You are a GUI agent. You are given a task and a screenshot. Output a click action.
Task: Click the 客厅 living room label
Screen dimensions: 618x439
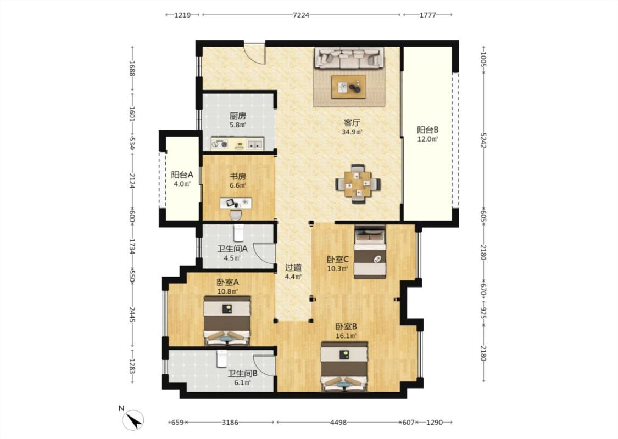[352, 122]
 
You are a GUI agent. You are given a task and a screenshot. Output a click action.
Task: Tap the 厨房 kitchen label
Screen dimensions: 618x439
[238, 116]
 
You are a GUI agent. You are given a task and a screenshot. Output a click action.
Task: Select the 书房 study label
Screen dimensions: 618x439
[238, 176]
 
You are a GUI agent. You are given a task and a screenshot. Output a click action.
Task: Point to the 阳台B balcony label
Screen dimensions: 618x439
[427, 130]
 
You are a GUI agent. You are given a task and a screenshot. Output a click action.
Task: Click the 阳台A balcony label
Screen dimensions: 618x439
[182, 175]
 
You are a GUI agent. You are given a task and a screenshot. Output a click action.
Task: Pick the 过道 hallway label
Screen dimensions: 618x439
[293, 267]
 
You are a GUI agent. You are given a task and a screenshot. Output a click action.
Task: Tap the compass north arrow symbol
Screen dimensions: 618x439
[133, 420]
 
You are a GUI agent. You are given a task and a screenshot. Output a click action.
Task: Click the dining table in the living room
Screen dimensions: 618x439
[358, 184]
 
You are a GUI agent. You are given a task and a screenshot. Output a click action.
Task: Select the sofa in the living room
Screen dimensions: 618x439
[349, 58]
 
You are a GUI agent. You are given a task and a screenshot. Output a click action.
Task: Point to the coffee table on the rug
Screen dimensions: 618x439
[349, 87]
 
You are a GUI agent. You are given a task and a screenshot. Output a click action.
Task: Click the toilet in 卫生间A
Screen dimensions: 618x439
[239, 233]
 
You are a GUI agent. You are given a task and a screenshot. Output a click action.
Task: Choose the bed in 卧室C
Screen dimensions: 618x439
[370, 252]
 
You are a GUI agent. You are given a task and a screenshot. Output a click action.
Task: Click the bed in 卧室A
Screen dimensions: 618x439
[227, 320]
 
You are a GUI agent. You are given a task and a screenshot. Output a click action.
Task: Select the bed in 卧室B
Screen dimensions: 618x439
[344, 367]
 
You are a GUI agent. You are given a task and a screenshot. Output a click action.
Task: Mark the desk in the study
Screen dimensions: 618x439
[236, 203]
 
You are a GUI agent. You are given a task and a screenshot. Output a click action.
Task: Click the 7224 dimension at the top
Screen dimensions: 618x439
[301, 15]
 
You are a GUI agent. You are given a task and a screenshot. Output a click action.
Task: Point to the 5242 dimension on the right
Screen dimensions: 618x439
[483, 140]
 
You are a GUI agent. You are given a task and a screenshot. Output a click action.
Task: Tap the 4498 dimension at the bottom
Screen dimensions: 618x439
[338, 423]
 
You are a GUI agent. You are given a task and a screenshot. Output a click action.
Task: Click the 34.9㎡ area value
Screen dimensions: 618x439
[352, 132]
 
